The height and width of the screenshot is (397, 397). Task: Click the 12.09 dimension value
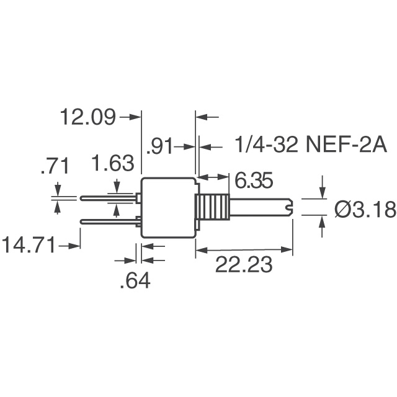pyautogui.click(x=87, y=117)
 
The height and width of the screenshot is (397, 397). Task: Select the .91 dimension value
pyautogui.click(x=158, y=148)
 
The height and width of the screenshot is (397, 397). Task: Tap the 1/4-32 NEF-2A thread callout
pyautogui.click(x=303, y=146)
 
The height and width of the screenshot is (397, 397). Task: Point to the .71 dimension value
pyautogui.click(x=53, y=166)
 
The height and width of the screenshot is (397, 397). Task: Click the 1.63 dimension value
pyautogui.click(x=112, y=164)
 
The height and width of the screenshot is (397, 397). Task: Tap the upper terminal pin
pyautogui.click(x=109, y=198)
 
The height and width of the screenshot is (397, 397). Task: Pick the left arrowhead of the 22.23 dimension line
pyautogui.click(x=200, y=251)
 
